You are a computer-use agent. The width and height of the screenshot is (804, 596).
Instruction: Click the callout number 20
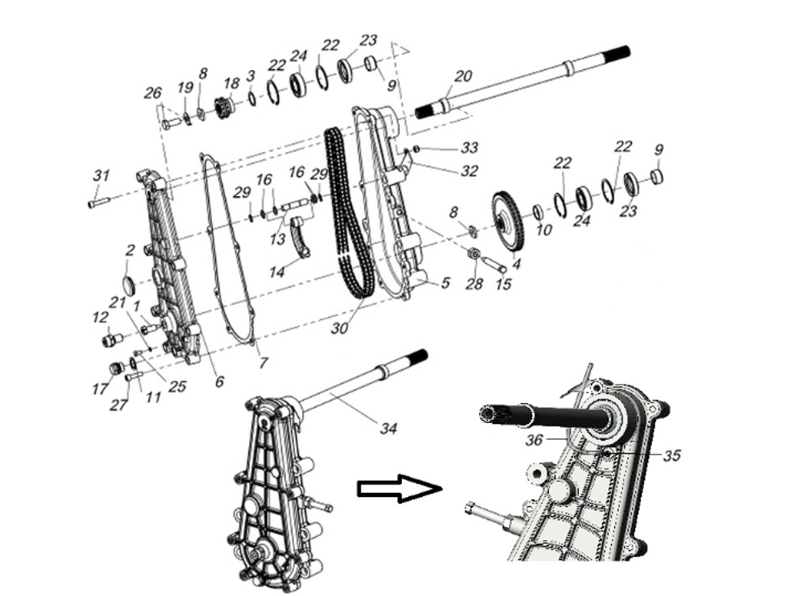(463, 76)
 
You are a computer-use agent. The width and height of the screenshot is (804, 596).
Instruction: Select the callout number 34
(388, 429)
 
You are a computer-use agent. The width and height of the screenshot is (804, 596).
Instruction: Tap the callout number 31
(100, 175)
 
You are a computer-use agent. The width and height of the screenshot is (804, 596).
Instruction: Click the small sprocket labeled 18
(224, 106)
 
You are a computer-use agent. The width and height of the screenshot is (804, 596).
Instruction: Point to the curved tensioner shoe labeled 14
(301, 238)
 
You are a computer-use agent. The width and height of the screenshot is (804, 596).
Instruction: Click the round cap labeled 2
(127, 284)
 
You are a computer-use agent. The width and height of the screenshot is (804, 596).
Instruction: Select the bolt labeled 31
(97, 203)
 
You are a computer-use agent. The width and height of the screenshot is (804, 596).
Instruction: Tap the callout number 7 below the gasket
(262, 363)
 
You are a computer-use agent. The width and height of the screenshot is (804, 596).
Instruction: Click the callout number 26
(153, 94)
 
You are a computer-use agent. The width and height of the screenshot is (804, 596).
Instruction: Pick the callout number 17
(100, 389)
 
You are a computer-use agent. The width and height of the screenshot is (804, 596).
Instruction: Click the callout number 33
(470, 148)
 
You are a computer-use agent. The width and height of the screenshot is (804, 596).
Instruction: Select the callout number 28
(474, 285)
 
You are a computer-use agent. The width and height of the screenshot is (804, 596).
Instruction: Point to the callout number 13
(277, 240)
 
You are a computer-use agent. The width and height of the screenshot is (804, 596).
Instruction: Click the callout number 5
(445, 283)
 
